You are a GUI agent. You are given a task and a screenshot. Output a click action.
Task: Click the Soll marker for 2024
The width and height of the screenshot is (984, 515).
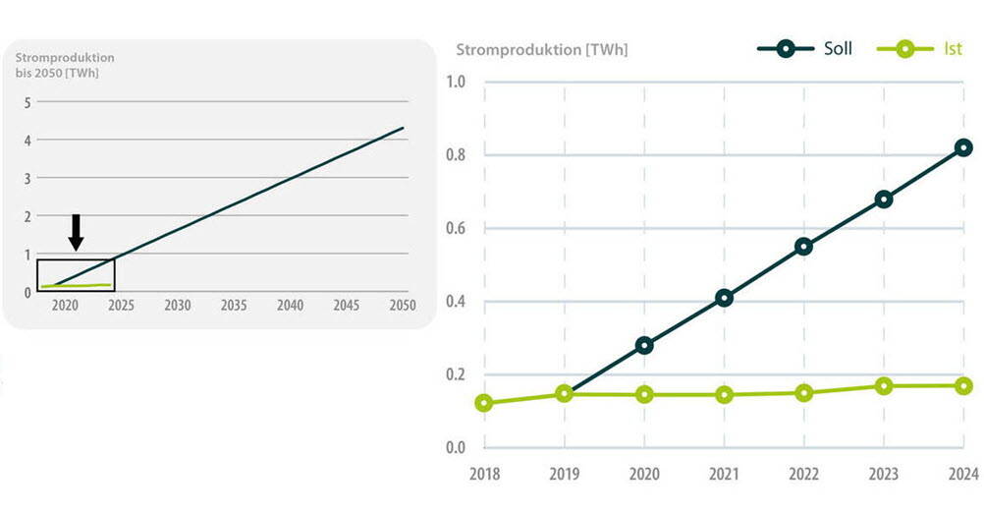963,147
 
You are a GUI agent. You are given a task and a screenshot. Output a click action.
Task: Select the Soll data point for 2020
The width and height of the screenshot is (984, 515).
644,345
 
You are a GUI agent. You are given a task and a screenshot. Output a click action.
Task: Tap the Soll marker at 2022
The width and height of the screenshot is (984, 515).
803,246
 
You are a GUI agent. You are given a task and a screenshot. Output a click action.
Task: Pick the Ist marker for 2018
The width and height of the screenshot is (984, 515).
483,403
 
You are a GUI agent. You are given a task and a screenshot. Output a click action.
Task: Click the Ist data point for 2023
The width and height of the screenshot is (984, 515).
884,386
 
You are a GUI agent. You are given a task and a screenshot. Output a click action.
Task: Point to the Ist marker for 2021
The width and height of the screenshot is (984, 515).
724,394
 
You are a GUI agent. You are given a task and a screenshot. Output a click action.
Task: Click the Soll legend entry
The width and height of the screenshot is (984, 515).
805,48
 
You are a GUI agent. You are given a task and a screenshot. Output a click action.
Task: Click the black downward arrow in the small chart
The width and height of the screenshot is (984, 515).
77,232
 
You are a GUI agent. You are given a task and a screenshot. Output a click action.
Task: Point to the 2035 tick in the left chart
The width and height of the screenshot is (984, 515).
233,306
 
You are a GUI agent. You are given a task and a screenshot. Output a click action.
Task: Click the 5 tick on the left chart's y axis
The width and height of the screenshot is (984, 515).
27,101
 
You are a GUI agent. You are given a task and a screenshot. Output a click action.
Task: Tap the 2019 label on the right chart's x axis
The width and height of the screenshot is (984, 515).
564,475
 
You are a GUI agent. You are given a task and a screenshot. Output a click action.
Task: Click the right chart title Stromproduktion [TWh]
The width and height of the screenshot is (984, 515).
542,49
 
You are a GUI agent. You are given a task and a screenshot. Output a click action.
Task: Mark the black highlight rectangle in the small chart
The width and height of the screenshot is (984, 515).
76,275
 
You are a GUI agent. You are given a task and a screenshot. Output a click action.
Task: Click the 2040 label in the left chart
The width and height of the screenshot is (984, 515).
290,306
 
